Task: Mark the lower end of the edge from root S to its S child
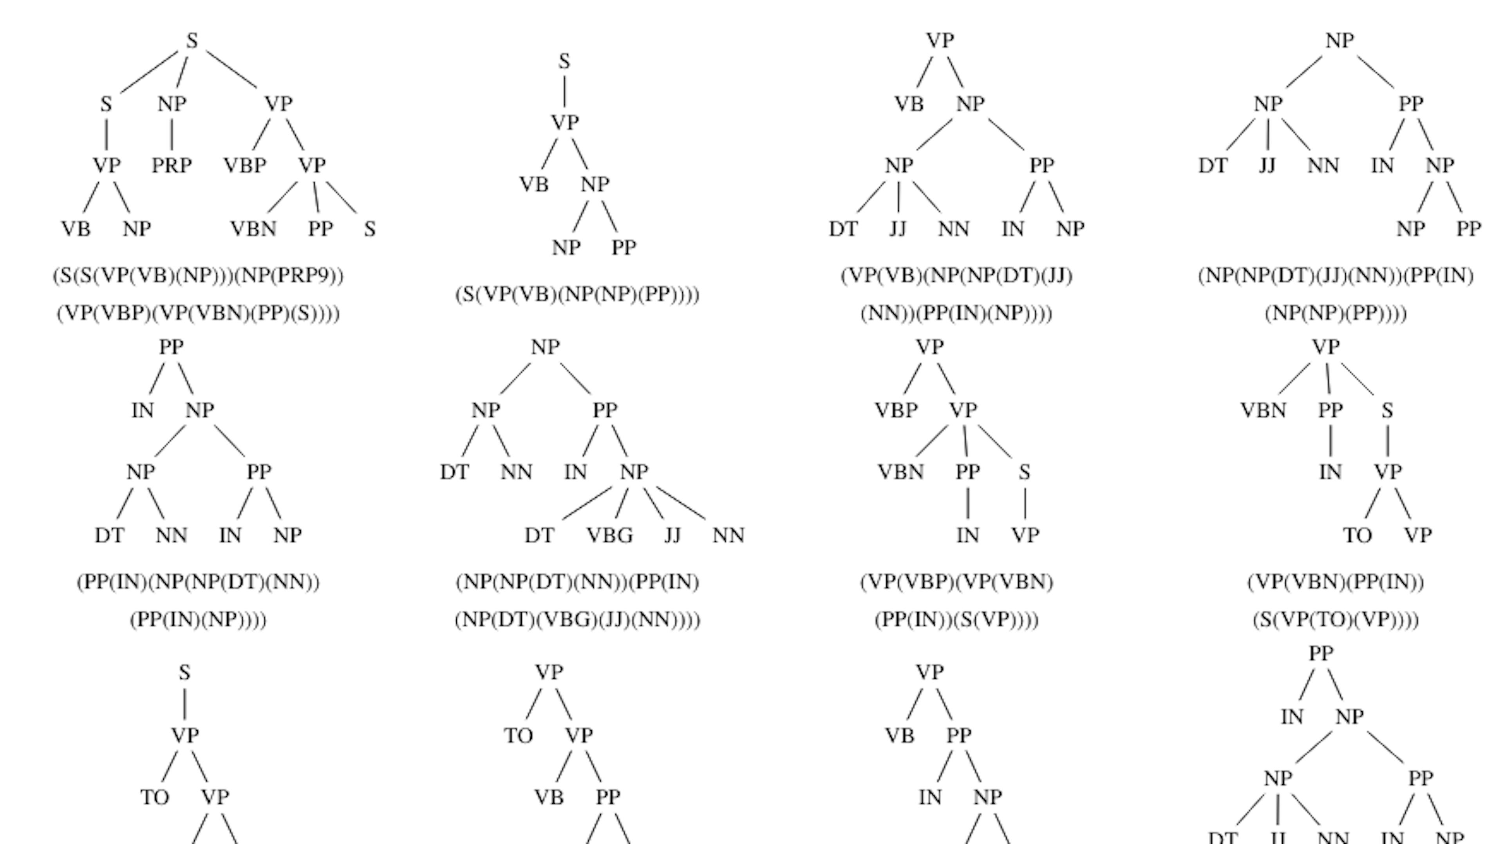[x=121, y=93]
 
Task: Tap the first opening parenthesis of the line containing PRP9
[x=56, y=276]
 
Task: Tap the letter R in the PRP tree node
[x=172, y=166]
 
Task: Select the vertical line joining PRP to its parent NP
[x=172, y=134]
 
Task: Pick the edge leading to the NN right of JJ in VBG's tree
[x=681, y=503]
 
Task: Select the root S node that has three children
[x=192, y=41]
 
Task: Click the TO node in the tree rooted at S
[x=155, y=797]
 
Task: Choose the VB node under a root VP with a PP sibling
[x=900, y=736]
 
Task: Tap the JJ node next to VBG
[x=672, y=535]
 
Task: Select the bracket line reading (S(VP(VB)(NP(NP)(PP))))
[x=577, y=295]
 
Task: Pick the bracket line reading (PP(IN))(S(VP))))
[x=956, y=620]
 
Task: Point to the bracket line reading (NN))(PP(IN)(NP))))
[x=956, y=314]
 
